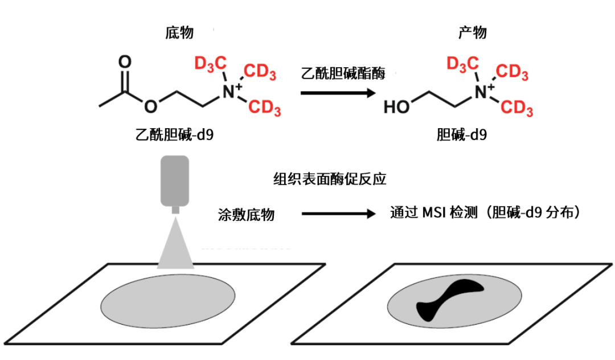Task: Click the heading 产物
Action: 473,33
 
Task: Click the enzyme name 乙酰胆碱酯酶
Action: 343,73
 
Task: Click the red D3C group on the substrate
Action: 209,63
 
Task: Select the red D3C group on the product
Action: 461,63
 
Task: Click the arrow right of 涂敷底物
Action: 336,214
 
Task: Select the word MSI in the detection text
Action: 434,213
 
